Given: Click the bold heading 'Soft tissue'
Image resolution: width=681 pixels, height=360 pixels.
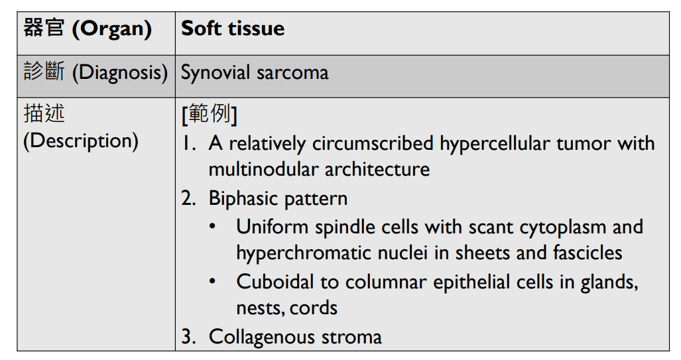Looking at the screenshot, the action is coord(233,29).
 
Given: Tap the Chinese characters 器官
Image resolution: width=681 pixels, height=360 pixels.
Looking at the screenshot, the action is coord(44,29).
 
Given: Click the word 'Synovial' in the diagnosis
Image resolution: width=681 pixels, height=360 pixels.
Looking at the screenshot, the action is coord(215,72).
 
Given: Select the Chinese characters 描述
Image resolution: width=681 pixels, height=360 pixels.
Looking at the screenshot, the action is coord(44,114).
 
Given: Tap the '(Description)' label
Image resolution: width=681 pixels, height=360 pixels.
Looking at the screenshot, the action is coord(81,141).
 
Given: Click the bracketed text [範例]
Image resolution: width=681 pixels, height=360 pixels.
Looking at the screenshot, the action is coord(209,115).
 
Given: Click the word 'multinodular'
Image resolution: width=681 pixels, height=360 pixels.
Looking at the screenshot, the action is coord(263,169).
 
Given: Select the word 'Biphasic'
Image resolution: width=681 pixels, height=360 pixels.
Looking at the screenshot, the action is coord(243,198).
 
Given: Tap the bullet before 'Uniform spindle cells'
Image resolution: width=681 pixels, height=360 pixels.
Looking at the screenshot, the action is coord(212,227).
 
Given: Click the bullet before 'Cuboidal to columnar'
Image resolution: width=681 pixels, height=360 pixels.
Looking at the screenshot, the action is coord(212,282).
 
